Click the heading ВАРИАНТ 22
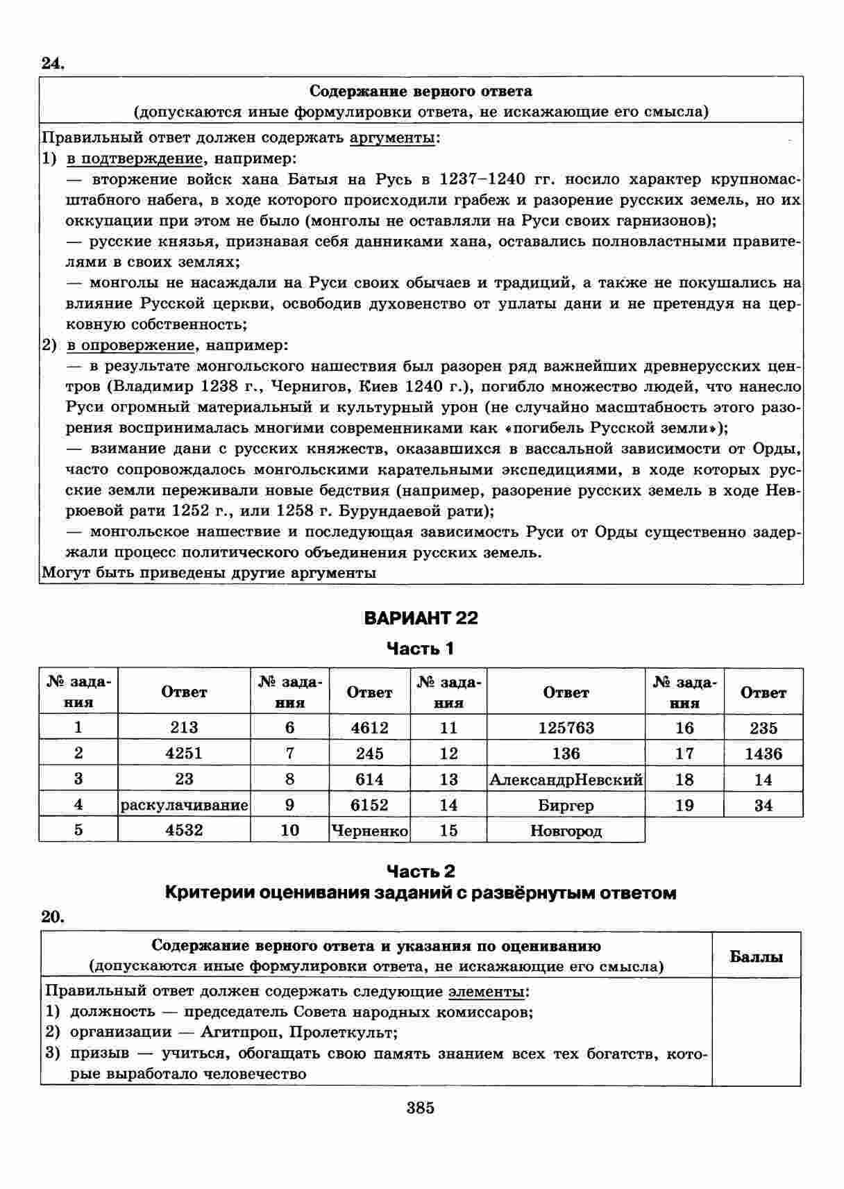point(421,618)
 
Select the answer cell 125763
point(566,728)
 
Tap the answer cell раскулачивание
point(184,805)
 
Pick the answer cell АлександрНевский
point(566,779)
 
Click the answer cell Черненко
point(369,831)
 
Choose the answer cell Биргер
point(566,806)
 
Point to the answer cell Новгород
point(566,831)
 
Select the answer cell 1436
point(763,754)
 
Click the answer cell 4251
point(184,754)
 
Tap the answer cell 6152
point(369,805)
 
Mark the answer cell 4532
point(184,831)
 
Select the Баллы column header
point(756,956)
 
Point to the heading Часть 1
point(421,649)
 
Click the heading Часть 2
point(421,871)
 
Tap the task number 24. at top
point(53,64)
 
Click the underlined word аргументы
point(393,138)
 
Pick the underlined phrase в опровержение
point(130,345)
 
